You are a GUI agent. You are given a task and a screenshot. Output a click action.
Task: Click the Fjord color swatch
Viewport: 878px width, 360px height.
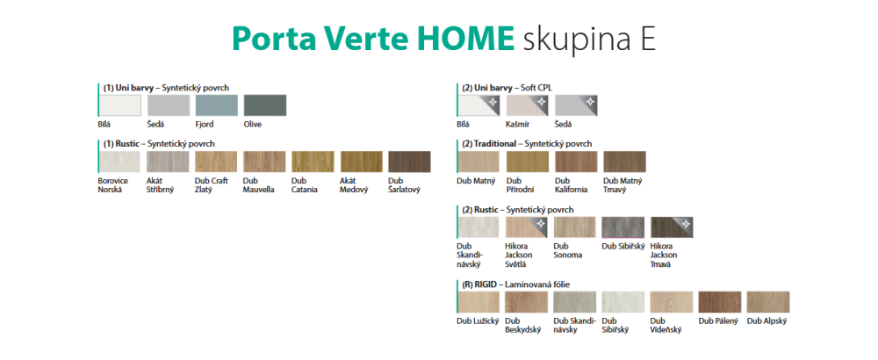(x=217, y=105)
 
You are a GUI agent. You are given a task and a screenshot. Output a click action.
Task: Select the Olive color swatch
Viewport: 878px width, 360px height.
(x=265, y=105)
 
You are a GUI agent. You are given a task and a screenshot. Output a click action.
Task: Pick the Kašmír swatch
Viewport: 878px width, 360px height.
(x=528, y=105)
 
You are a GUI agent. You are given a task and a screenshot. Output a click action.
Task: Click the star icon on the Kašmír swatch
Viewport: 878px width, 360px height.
(x=541, y=101)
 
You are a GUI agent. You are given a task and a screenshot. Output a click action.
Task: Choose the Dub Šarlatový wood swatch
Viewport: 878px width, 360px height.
(x=409, y=162)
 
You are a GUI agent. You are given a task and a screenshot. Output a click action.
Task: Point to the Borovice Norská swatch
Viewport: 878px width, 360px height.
(x=119, y=162)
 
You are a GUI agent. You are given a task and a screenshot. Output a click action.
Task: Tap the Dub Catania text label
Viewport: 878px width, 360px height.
(x=305, y=185)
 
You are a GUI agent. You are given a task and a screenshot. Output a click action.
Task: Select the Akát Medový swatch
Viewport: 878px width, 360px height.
(x=361, y=162)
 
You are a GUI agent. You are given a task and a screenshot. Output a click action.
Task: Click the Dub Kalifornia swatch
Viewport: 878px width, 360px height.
(x=576, y=162)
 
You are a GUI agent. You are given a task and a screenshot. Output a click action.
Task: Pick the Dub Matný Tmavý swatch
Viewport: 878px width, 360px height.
(x=624, y=162)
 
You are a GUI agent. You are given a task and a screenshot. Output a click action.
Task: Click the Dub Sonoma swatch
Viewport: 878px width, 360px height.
(x=575, y=227)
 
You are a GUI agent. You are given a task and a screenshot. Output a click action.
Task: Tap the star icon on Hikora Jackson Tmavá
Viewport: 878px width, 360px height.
(x=686, y=223)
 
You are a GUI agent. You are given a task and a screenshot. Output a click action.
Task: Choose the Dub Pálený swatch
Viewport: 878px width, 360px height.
(x=720, y=302)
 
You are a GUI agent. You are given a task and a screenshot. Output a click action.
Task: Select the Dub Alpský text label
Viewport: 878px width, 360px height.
(x=767, y=321)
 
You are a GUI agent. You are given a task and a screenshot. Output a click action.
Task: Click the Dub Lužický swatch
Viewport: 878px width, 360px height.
(x=479, y=302)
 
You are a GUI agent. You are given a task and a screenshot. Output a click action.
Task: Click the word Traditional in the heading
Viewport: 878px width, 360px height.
(x=495, y=144)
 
